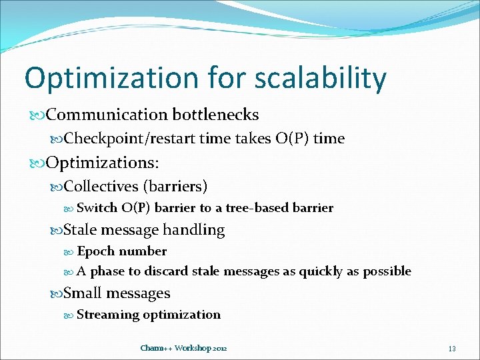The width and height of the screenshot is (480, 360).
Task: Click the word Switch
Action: tap(97, 208)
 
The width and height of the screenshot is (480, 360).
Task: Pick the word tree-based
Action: tap(257, 208)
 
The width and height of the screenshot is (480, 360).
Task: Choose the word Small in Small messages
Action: tap(82, 293)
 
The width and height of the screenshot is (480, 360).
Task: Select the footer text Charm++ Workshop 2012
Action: tap(183, 348)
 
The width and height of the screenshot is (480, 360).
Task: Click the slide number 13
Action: tap(452, 349)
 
